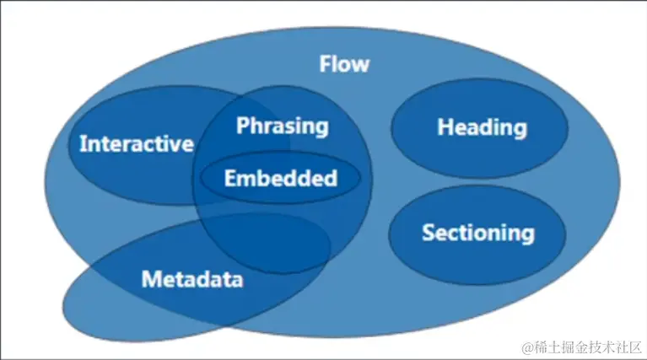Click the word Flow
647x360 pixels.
(x=344, y=64)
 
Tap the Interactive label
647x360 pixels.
(x=137, y=143)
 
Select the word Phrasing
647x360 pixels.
(x=283, y=126)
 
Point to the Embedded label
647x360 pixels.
(x=281, y=178)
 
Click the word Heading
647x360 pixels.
(x=482, y=128)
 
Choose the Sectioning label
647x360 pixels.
(x=478, y=233)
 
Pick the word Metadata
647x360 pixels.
(x=192, y=279)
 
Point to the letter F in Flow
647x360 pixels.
(x=326, y=64)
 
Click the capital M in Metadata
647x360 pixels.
(x=151, y=279)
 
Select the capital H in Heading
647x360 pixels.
(x=445, y=127)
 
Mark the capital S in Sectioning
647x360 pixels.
(x=429, y=233)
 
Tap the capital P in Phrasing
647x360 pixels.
(x=243, y=126)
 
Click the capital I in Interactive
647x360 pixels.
(x=82, y=143)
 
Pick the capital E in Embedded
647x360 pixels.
(x=230, y=178)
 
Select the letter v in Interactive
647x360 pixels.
(x=175, y=146)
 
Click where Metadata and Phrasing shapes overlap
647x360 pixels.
(x=264, y=244)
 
